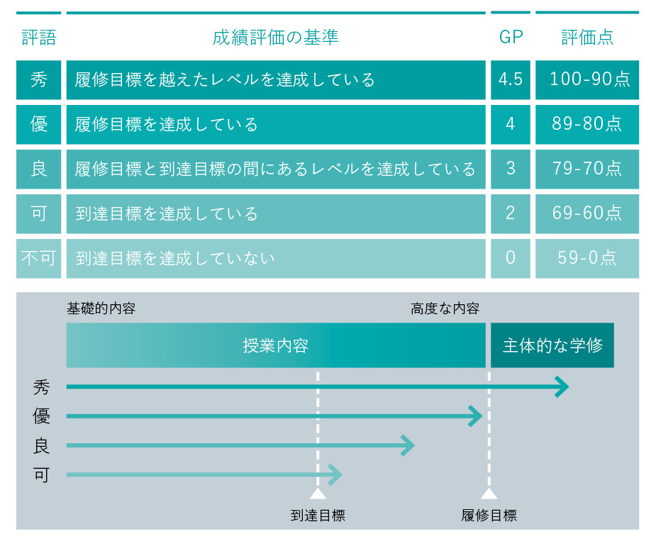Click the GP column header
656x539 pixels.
coord(511,38)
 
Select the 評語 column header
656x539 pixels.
coord(39,38)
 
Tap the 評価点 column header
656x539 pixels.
coord(587,38)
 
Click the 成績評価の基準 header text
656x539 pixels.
coord(275,38)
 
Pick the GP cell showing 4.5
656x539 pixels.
coord(511,79)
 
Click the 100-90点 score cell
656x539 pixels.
coord(587,79)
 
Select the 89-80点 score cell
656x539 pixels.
coord(587,124)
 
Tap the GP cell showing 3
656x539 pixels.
coord(511,169)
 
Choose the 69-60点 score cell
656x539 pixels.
coord(587,214)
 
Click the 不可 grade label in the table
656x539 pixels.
coord(38,258)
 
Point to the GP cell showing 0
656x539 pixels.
coord(511,258)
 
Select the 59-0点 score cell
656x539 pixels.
coord(587,258)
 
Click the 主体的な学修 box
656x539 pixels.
coord(552,345)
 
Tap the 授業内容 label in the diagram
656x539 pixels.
coord(276,345)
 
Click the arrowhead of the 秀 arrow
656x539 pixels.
coord(562,387)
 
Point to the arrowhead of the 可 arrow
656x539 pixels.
coord(335,475)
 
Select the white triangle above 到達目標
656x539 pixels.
coord(318,494)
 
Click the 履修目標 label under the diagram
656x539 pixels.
coord(489,515)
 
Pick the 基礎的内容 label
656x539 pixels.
coord(101,309)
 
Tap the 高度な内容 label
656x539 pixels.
coord(445,309)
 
